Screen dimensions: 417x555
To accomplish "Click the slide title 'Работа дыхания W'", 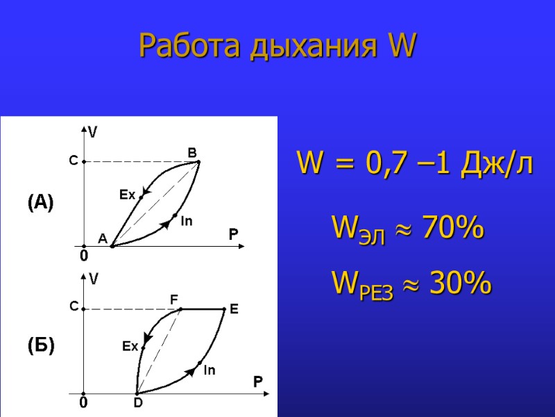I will [277, 46].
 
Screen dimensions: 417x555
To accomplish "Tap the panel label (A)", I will [40, 202].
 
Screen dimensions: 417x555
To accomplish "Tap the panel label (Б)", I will [40, 345].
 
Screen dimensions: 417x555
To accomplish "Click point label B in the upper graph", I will [192, 152].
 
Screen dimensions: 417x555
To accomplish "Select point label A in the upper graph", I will [102, 238].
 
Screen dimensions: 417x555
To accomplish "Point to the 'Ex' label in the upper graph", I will [127, 195].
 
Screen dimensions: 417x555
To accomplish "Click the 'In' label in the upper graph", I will [186, 222].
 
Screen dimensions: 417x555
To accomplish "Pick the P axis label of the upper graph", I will [233, 236].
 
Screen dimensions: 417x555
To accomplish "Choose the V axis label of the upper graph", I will [92, 131].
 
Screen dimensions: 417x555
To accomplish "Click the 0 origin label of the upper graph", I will [83, 256].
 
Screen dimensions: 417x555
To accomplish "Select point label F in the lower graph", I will [174, 299].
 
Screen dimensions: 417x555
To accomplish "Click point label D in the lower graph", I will [137, 402].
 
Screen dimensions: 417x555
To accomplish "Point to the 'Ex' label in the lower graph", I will [130, 345].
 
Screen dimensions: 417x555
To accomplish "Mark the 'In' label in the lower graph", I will [209, 371].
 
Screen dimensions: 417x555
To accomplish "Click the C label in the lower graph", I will [73, 306].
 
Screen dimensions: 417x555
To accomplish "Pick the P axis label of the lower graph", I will [257, 382].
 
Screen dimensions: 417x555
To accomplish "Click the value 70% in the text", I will [452, 228].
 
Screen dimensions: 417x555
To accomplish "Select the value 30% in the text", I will [460, 284].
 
